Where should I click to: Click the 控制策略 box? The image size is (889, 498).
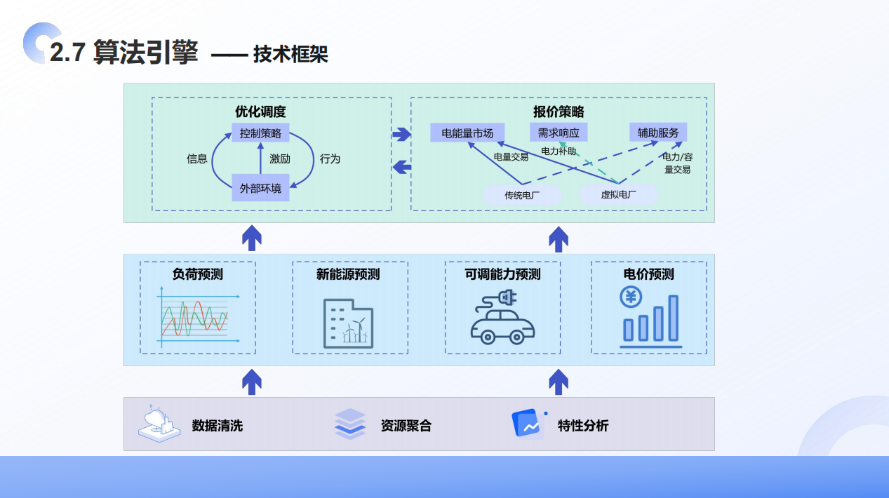[x=260, y=133]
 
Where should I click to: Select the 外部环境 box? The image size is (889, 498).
[x=260, y=188]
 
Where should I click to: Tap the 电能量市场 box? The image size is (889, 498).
[x=467, y=133]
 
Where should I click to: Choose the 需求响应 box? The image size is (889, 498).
[x=558, y=133]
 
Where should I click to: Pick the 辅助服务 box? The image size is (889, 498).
[x=658, y=133]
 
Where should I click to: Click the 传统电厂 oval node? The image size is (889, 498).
[x=523, y=195]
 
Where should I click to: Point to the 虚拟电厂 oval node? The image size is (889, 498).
[x=618, y=195]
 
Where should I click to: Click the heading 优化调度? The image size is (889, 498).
[x=260, y=112]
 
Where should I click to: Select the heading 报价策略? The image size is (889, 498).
[x=559, y=112]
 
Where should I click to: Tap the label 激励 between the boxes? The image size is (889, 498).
[x=279, y=159]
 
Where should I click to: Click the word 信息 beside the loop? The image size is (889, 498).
[x=196, y=159]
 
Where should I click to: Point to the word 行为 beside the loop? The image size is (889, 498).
[x=330, y=159]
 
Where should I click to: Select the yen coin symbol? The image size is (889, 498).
[x=631, y=297]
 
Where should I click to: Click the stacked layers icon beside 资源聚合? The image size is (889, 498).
[x=350, y=424]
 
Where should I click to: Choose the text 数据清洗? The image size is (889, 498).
[x=218, y=425]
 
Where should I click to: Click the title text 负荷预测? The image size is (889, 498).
[x=198, y=274]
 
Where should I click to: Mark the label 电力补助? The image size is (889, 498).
[x=559, y=151]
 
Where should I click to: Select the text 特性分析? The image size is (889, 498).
[x=583, y=425]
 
